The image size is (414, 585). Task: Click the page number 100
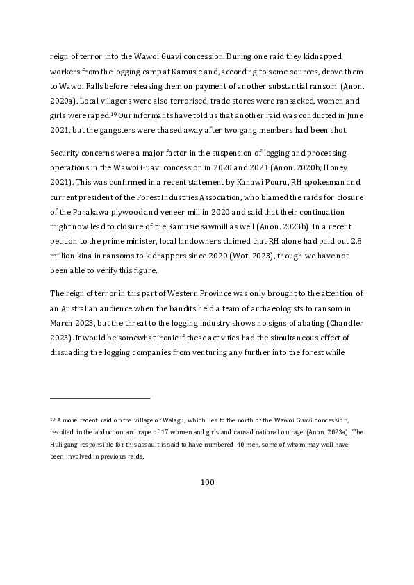click(x=207, y=482)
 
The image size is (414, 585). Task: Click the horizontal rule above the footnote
click(x=100, y=398)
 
